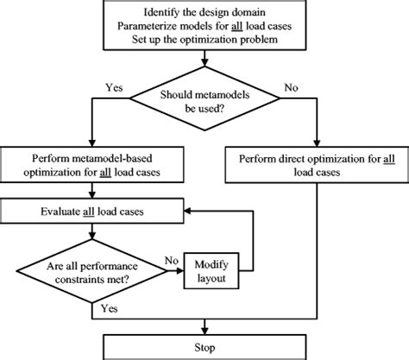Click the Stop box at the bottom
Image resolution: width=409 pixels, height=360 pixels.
point(204,347)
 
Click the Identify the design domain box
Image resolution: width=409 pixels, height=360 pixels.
point(204,26)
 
